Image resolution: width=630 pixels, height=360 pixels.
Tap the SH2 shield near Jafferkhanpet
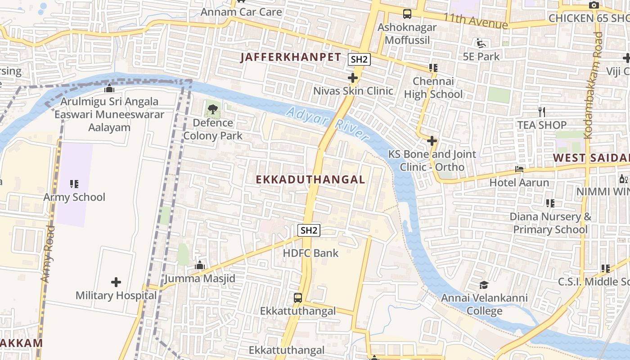359,59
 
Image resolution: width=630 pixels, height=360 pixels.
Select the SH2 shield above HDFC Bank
309,230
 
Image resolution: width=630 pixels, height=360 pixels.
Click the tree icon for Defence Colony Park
212,108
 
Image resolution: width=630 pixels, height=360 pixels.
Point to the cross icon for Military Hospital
116,282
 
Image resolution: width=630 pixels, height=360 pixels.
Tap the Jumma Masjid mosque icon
200,265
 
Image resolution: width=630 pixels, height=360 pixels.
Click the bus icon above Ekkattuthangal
298,297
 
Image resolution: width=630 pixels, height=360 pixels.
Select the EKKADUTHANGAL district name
310,180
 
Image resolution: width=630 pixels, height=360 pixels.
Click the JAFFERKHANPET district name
291,57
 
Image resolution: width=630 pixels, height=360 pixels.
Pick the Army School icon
74,184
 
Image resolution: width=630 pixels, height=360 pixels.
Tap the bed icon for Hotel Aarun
519,169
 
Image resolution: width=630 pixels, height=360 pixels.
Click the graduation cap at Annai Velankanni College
484,285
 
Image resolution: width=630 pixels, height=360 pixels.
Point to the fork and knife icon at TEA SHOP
542,111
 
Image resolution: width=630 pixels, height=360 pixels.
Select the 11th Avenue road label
475,20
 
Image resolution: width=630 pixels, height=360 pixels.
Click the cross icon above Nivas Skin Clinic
353,78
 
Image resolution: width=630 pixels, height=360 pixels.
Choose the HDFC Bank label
310,253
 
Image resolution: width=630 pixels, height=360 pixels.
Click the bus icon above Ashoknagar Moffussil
407,14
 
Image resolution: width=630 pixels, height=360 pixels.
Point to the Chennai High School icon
433,68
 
